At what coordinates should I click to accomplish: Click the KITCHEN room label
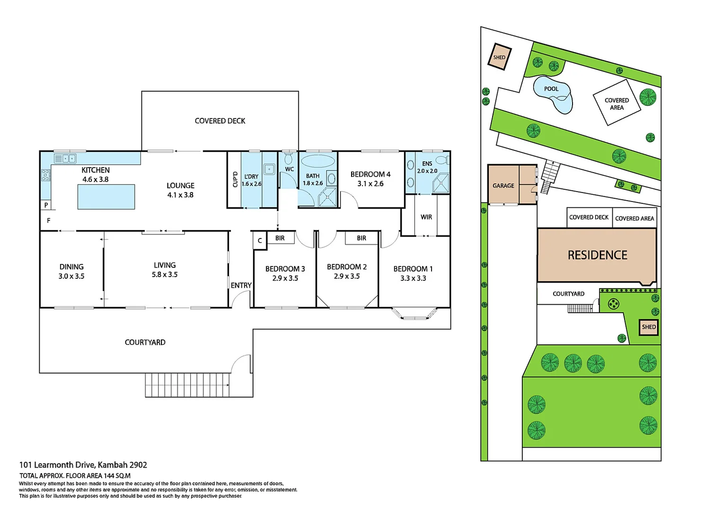(95, 170)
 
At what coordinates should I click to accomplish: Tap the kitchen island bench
(106, 197)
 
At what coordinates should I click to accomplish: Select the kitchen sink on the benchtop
(65, 159)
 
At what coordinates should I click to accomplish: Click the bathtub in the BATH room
(318, 161)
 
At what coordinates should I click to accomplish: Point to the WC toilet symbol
(288, 157)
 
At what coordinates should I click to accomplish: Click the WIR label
(426, 217)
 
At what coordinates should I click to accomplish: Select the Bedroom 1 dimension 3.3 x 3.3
(413, 278)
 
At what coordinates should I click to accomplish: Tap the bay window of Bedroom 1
(414, 314)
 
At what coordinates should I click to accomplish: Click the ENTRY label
(241, 285)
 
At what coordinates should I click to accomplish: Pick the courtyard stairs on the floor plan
(187, 385)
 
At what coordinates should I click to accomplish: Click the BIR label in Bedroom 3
(280, 238)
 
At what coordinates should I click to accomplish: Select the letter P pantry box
(46, 205)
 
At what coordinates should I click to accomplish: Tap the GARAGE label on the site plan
(503, 185)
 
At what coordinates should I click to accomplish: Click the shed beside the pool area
(499, 57)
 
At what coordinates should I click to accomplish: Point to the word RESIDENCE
(597, 255)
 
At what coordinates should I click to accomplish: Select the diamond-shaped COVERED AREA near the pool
(617, 103)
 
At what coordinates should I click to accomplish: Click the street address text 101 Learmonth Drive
(83, 465)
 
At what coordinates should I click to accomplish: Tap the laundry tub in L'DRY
(269, 169)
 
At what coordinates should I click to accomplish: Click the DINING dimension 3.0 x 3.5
(71, 276)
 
